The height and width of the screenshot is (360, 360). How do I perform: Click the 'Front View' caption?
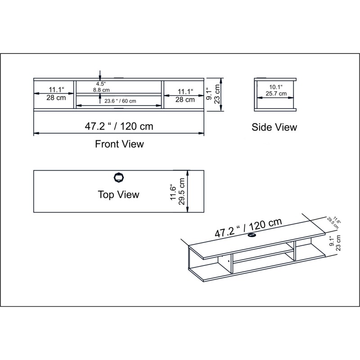(x=119, y=144)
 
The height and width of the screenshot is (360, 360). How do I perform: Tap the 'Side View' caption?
(x=274, y=127)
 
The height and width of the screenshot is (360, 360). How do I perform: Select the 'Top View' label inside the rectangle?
(x=118, y=194)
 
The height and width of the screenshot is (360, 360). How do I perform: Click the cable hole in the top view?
(x=118, y=178)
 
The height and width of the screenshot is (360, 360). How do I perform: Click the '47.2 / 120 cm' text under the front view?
(x=119, y=126)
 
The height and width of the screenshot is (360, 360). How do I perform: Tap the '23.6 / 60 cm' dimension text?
(x=120, y=101)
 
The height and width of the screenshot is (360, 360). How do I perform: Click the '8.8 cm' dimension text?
(x=101, y=90)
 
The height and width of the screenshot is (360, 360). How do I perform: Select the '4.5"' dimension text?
(x=100, y=84)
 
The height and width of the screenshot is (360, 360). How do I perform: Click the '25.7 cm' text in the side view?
(x=276, y=94)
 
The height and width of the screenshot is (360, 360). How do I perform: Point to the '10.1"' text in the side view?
(x=276, y=87)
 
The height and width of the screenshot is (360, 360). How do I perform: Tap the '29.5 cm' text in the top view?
(x=182, y=192)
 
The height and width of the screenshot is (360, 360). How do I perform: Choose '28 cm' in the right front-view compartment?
(x=185, y=99)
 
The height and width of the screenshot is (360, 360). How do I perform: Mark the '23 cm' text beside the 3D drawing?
(x=338, y=243)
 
